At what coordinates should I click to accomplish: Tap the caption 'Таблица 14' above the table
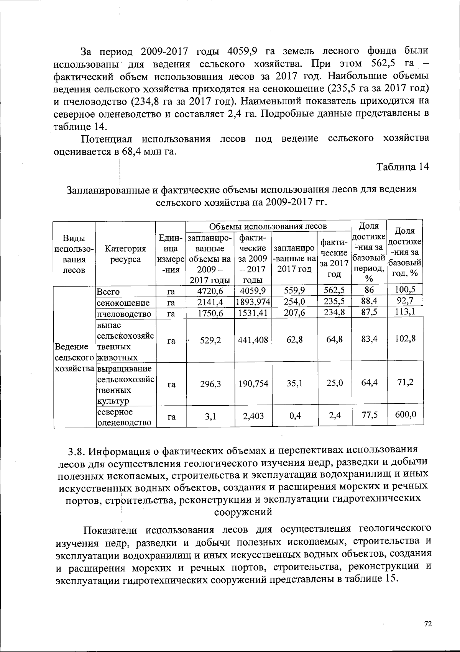(402, 167)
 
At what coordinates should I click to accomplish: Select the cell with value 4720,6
(210, 291)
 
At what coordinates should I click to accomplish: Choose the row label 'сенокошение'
(123, 303)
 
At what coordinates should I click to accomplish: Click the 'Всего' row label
(108, 292)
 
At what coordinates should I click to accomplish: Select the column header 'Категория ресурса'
(125, 254)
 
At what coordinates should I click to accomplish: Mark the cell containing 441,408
(253, 339)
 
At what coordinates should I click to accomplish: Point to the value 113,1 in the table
(406, 312)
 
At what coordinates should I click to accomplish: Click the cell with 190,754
(253, 383)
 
